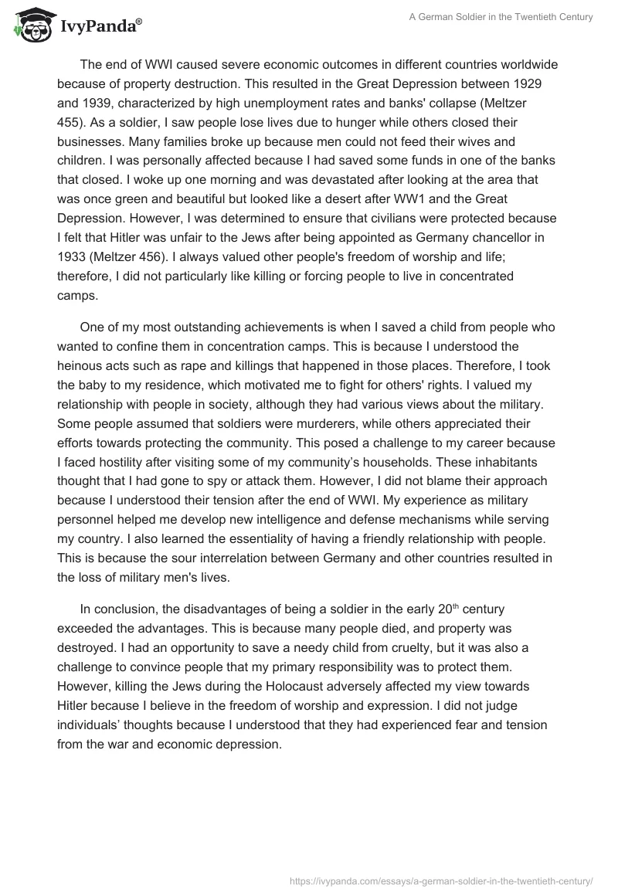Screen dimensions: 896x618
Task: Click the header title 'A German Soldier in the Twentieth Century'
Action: (x=500, y=17)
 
